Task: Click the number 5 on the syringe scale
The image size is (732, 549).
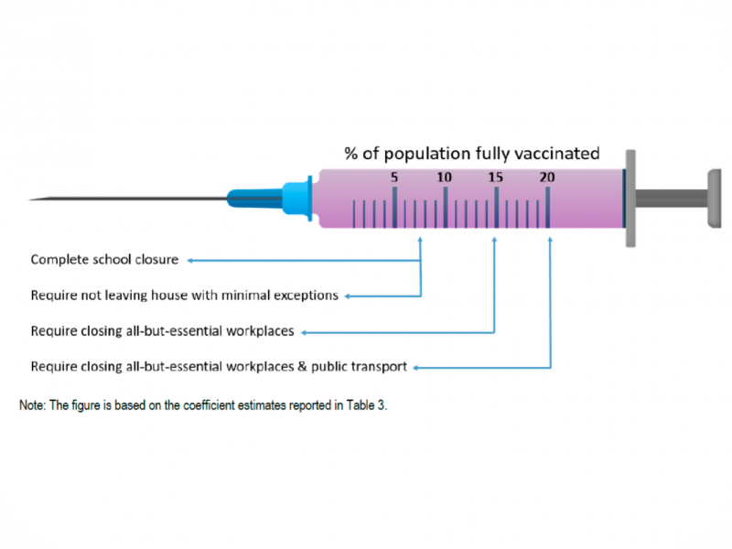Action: (x=394, y=177)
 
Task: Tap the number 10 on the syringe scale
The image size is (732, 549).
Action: (x=445, y=177)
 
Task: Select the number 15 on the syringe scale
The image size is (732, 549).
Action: (x=495, y=177)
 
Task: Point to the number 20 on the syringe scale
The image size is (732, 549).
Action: (x=546, y=177)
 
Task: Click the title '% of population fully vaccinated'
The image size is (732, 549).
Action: (x=471, y=153)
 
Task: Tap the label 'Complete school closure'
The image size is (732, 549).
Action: (x=104, y=260)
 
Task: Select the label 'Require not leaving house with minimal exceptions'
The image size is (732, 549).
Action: (x=185, y=296)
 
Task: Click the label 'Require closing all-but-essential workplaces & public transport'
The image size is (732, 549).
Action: (x=218, y=367)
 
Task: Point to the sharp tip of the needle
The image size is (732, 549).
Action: (x=31, y=199)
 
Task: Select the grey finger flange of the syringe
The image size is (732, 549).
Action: (x=630, y=198)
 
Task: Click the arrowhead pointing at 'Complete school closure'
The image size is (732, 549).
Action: (x=190, y=260)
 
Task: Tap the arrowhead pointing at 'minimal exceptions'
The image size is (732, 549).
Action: (x=348, y=296)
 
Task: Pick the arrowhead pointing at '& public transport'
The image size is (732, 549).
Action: (x=415, y=367)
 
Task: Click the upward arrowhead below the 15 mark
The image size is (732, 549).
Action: (x=495, y=242)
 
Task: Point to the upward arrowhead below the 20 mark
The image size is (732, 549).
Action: (x=550, y=242)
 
